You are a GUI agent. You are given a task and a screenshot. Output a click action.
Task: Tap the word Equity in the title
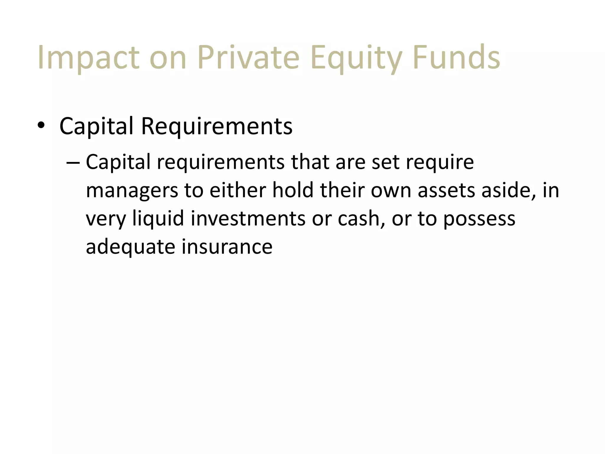(x=356, y=58)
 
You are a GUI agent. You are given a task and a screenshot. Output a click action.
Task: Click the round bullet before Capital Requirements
(x=41, y=126)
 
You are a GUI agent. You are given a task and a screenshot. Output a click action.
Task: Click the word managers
(x=132, y=191)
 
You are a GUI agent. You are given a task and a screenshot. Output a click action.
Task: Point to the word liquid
(x=158, y=219)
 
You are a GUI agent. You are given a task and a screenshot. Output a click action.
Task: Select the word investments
(x=248, y=219)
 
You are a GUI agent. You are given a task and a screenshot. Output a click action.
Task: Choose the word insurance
(x=227, y=247)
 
